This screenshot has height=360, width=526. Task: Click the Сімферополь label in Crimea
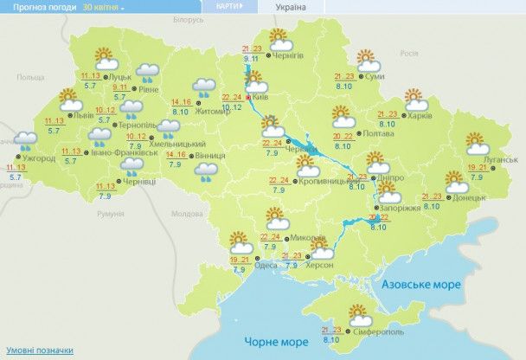tap(377, 333)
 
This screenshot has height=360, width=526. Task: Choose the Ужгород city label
tap(36, 158)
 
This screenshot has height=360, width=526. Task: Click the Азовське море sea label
tap(423, 284)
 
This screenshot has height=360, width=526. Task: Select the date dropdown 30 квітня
tap(103, 6)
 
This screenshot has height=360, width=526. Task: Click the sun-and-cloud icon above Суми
tap(368, 59)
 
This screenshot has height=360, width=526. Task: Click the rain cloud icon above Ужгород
tap(25, 138)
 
